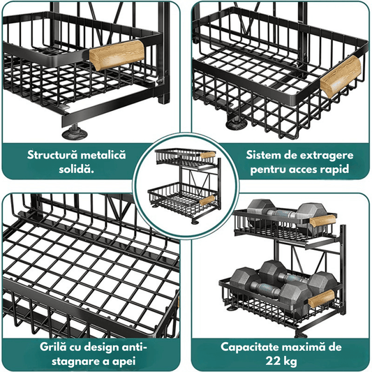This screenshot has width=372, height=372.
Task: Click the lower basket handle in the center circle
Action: click(207, 201)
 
